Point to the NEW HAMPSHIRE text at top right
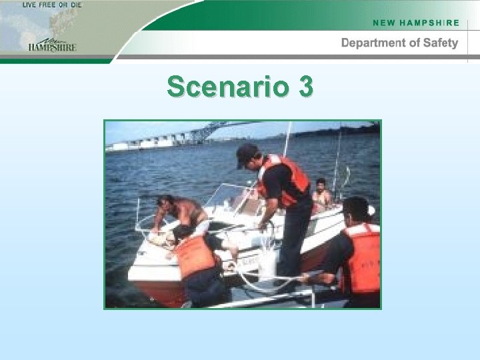click(x=416, y=23)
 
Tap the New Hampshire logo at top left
click(x=52, y=43)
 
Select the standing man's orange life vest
click(x=285, y=179)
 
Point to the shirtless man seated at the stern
click(x=323, y=195)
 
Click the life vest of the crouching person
click(x=195, y=255)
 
